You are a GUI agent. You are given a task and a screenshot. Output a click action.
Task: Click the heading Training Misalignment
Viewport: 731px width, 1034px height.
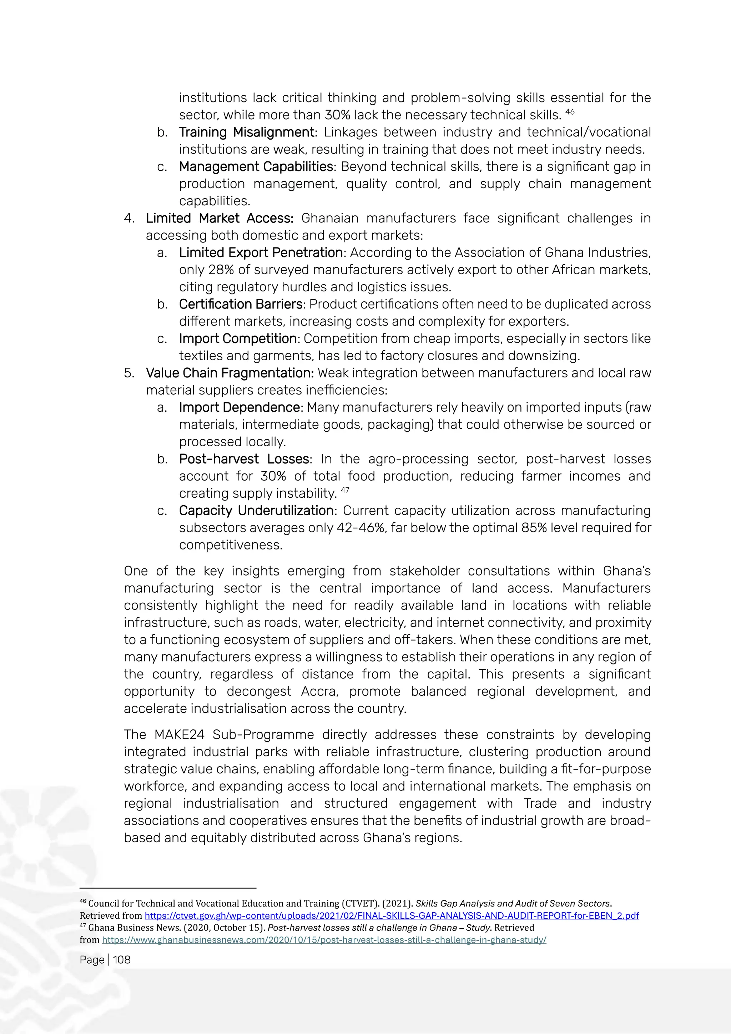point(246,132)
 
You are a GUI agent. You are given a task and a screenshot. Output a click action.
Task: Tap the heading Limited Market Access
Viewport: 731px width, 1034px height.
point(219,219)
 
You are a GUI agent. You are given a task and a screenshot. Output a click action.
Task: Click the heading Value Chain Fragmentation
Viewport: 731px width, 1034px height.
point(230,373)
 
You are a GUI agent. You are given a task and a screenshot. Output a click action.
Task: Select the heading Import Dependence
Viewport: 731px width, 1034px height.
point(240,407)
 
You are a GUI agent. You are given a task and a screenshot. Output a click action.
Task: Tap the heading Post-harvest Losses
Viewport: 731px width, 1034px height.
point(244,460)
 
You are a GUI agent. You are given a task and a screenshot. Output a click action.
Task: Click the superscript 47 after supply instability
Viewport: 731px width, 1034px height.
point(345,490)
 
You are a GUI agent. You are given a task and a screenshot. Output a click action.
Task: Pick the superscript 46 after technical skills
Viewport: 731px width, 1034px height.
point(570,112)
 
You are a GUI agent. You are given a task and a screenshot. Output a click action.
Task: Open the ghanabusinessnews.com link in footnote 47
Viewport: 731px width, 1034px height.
point(324,940)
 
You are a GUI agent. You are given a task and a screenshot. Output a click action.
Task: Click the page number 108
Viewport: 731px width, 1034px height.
point(121,960)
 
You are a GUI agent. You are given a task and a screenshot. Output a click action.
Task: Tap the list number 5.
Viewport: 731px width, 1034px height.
point(129,373)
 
